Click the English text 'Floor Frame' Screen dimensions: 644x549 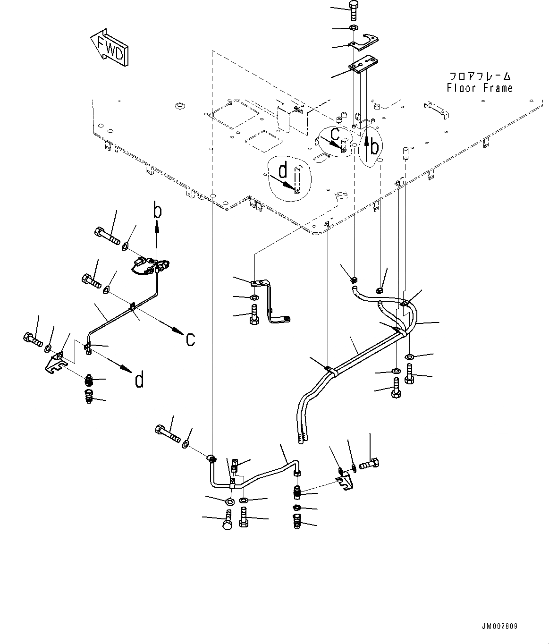(x=479, y=88)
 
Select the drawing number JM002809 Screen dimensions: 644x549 (x=499, y=627)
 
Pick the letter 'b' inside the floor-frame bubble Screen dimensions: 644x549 (x=374, y=148)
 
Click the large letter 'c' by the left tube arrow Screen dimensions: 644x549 (x=190, y=339)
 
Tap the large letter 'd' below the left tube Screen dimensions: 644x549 (x=139, y=379)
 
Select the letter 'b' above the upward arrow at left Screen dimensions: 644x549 (x=157, y=211)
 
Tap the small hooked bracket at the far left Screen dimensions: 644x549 (x=57, y=362)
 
